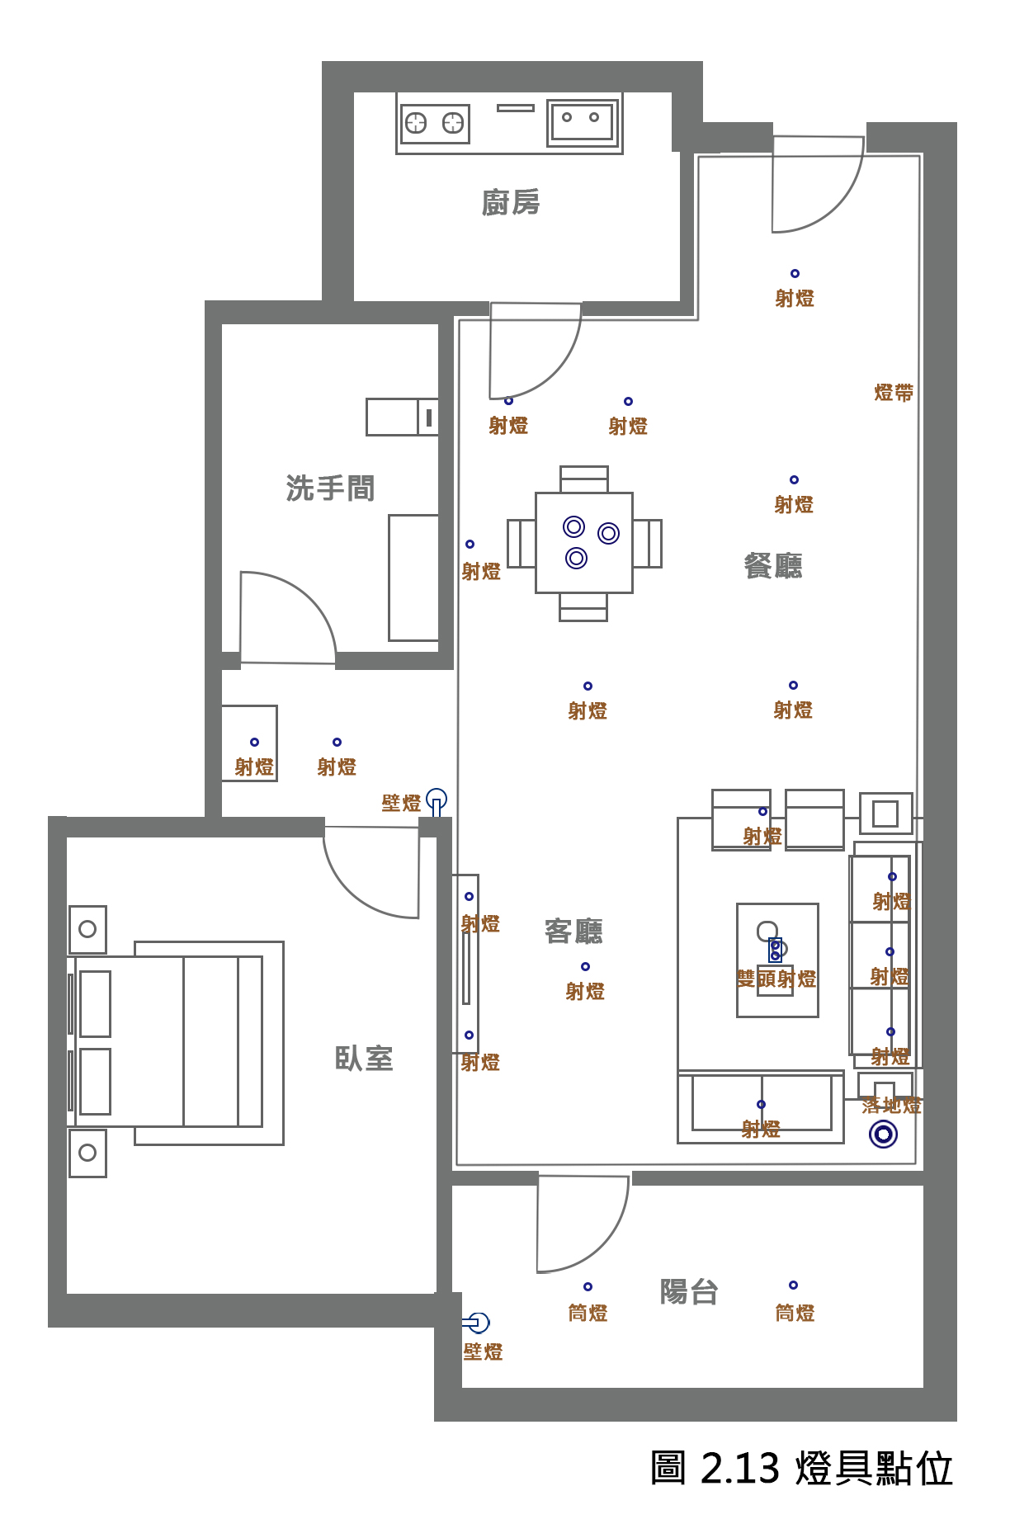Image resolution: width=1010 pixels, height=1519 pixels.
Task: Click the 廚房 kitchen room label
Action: [x=511, y=202]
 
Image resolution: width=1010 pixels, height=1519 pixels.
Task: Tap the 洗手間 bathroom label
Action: [x=330, y=488]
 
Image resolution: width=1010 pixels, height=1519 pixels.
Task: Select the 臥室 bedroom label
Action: [x=364, y=1058]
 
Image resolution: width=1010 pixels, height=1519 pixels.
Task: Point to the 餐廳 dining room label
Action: [x=773, y=565]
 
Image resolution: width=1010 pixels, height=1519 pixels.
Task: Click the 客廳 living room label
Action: [x=574, y=931]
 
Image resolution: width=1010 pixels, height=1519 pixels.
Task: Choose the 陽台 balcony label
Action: [x=689, y=1291]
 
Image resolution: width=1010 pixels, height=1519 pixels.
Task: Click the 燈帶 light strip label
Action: [x=894, y=393]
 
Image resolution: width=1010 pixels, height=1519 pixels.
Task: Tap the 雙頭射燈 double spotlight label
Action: [x=776, y=979]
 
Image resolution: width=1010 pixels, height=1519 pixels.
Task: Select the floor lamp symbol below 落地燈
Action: [x=883, y=1135]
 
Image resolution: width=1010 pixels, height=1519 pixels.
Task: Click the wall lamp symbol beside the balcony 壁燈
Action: [x=478, y=1323]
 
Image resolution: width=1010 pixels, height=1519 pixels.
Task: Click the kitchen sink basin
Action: [x=583, y=122]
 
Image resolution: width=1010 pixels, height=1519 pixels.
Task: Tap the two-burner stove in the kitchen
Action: [x=435, y=124]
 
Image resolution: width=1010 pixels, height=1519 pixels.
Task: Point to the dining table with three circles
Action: [x=584, y=542]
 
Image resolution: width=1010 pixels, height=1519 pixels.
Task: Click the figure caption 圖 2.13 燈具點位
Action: [x=801, y=1469]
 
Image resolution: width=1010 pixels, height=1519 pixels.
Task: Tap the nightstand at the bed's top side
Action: [x=87, y=929]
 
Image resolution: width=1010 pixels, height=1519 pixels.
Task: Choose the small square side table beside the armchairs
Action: [x=885, y=814]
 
